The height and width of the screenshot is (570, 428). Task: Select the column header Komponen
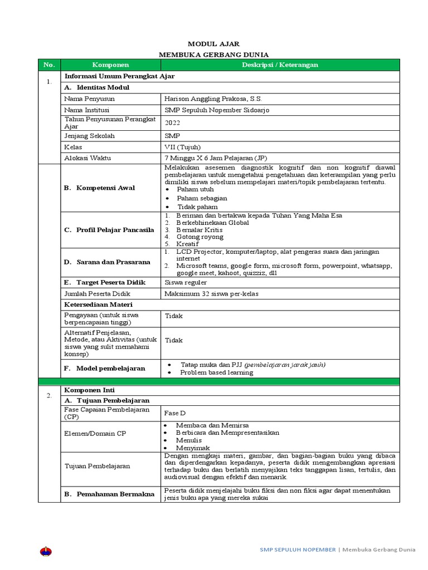(x=110, y=65)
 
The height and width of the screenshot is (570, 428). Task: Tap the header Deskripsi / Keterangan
(x=280, y=65)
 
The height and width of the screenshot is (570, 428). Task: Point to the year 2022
(x=173, y=123)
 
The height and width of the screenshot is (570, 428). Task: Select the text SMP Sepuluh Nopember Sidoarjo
(x=217, y=110)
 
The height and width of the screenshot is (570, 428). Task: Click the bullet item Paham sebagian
(x=202, y=198)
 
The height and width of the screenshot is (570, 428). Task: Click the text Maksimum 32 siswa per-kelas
(x=212, y=293)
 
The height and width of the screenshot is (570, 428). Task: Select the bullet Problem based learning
(x=216, y=372)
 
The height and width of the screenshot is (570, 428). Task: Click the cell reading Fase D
(x=175, y=414)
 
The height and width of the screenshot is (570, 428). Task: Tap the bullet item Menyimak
(x=193, y=448)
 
